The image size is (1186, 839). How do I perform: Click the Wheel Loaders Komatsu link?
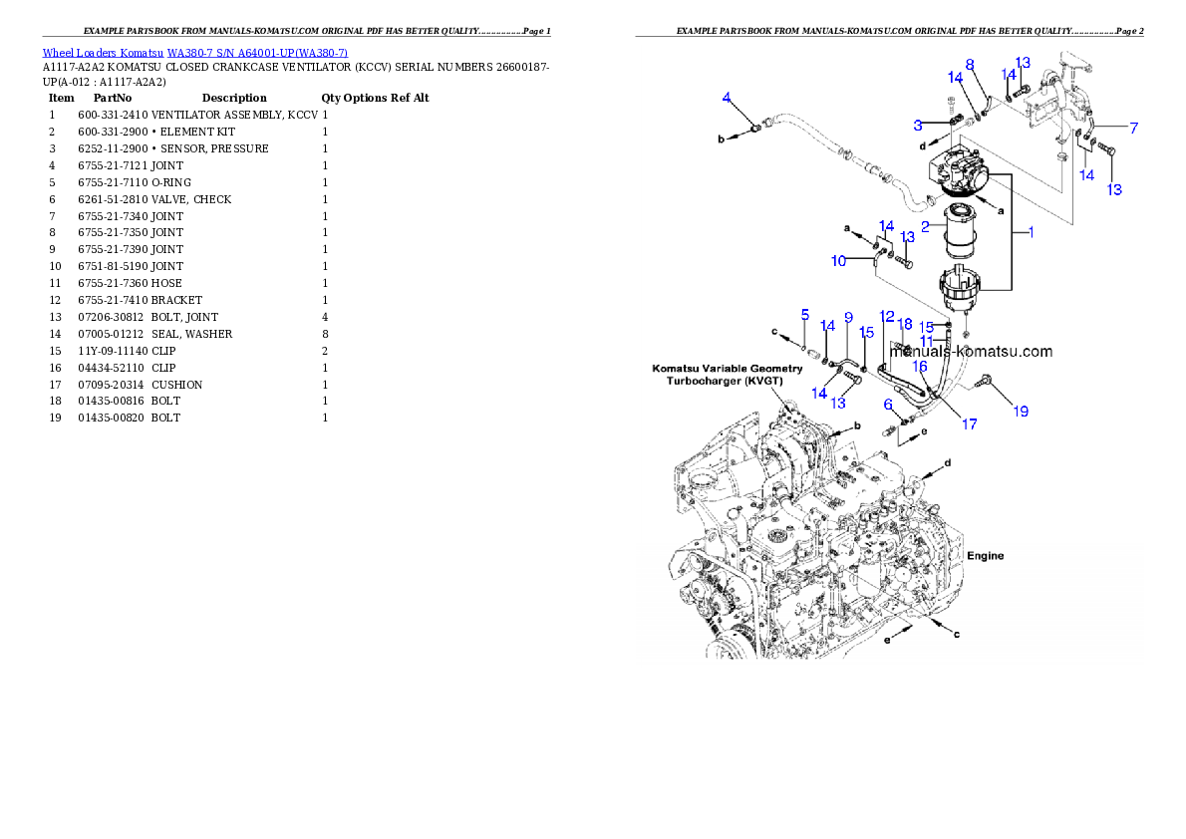[x=103, y=53]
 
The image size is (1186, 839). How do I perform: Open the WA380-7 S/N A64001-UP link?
[x=257, y=53]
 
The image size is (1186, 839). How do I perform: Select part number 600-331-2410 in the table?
[x=113, y=115]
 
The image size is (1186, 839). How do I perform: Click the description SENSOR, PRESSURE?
[x=214, y=149]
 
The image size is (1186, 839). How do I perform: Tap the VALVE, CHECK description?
[x=191, y=199]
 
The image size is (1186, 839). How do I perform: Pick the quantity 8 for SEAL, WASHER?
[x=325, y=335]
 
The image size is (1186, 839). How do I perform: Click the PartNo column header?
[x=112, y=99]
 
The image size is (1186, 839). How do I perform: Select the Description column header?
[x=234, y=99]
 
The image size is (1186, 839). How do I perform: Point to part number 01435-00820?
[x=111, y=418]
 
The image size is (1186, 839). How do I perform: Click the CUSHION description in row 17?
[x=177, y=385]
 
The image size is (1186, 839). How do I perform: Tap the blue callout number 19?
[x=1021, y=412]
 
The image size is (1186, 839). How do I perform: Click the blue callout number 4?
[x=727, y=98]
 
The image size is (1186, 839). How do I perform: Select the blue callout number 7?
[x=1134, y=129]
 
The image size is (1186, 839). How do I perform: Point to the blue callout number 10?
[x=838, y=261]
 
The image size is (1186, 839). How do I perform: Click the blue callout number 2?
[x=925, y=227]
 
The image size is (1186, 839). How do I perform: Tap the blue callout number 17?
[x=969, y=424]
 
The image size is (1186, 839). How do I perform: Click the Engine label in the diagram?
[x=986, y=556]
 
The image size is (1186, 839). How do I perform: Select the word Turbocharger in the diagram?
[x=703, y=381]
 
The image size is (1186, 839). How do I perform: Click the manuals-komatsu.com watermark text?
[x=971, y=352]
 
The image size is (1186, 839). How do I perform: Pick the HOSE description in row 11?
[x=166, y=284]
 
